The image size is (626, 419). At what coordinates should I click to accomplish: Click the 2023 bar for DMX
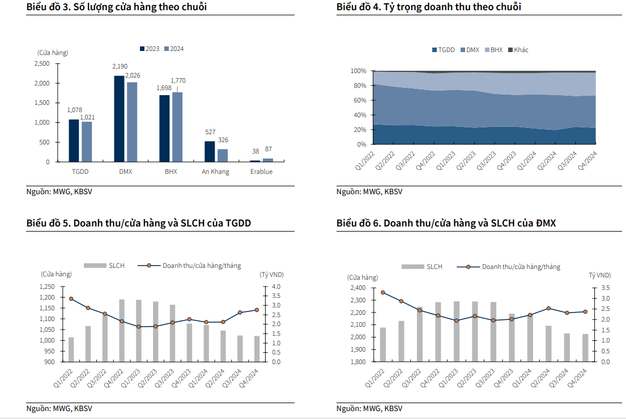[119, 119]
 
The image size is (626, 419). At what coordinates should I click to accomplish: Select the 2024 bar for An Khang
[223, 155]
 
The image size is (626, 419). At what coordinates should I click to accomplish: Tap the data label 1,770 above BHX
[178, 81]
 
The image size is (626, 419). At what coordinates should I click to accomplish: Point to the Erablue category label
[261, 172]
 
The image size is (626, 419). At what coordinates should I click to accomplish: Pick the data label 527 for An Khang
[210, 132]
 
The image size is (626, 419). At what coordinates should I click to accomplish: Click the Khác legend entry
[518, 50]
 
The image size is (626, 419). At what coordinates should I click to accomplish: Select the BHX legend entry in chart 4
[493, 50]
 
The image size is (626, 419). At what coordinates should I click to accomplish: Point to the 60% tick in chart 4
[358, 100]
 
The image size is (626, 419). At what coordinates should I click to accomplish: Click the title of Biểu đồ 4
[429, 7]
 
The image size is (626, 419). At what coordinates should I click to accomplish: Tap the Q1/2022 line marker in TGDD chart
[71, 298]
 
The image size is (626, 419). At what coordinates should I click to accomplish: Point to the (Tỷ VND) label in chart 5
[272, 275]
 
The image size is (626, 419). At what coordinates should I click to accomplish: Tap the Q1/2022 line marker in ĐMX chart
[383, 293]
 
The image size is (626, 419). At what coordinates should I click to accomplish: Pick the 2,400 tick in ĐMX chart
[359, 288]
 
